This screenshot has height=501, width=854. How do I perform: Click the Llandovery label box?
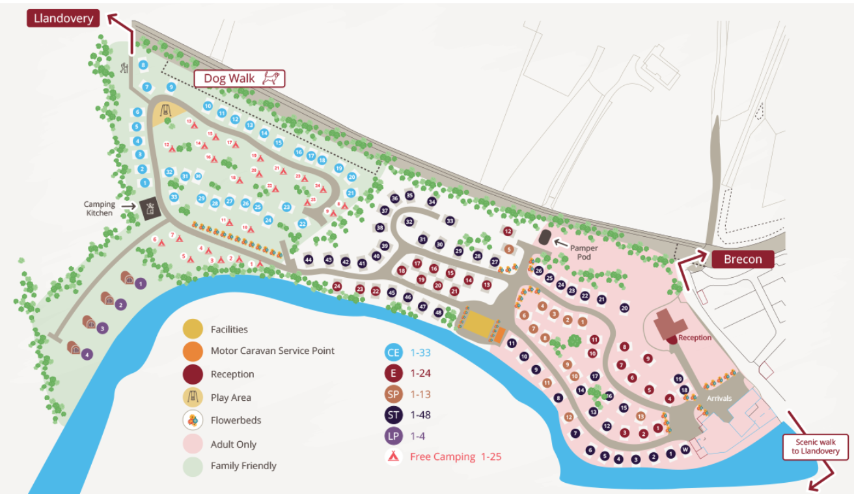coord(63,18)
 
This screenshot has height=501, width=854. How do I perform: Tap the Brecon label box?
coord(742,259)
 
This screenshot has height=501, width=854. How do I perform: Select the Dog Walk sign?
coord(240,79)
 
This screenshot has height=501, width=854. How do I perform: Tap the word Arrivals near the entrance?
coord(719,398)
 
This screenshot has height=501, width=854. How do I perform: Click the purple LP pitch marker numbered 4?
coord(87,355)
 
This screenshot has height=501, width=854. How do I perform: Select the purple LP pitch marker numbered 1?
coord(141,284)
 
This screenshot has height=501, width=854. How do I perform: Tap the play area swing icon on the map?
coord(165,109)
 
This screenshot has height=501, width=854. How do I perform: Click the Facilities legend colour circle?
coord(193,329)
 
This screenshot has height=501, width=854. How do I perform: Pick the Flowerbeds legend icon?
coord(193,420)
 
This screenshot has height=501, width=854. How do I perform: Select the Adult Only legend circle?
coord(193,444)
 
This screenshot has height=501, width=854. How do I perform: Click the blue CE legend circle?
coord(393,353)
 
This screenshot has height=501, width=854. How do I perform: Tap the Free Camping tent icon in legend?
coord(393,456)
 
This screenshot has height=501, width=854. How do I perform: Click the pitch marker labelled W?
coord(685,450)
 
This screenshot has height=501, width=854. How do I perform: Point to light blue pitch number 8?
coord(143,64)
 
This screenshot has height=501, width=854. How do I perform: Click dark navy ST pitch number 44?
coord(309,260)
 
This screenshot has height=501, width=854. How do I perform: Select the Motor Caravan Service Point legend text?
coord(272,351)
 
